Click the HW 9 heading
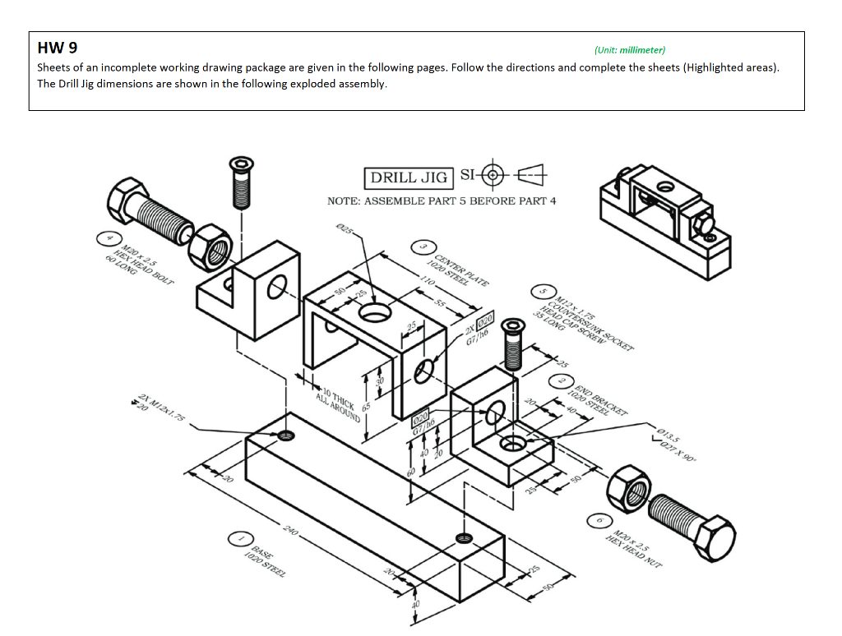pos(58,48)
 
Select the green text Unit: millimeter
pos(629,50)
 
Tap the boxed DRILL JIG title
pos(409,177)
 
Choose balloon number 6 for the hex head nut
pos(599,521)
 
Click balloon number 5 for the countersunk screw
pos(542,291)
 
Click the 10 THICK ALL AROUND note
pos(337,403)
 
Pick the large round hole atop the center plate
pos(375,313)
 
